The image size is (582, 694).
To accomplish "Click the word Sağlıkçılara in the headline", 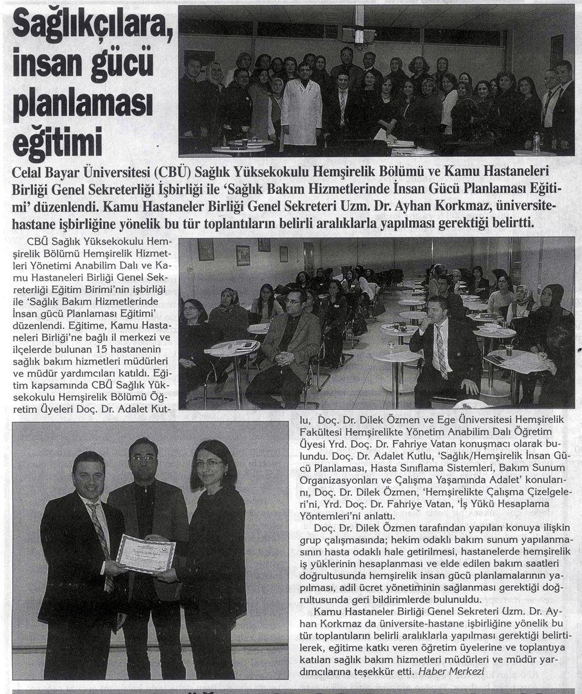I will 88,26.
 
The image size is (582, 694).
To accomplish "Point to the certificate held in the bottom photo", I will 145,553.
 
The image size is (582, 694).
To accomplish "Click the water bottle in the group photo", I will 536,142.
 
